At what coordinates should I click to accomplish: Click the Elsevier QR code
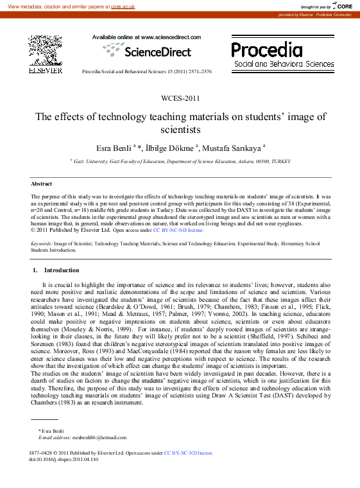tap(45, 49)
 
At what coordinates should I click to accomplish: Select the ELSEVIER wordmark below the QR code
tap(45, 71)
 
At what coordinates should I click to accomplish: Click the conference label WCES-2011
tap(180, 98)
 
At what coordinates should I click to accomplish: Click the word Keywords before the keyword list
tap(41, 244)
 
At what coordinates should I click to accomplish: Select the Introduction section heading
tap(62, 270)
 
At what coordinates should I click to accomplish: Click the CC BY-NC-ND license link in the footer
tap(188, 453)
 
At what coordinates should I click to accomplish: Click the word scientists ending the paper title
tap(180, 129)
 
